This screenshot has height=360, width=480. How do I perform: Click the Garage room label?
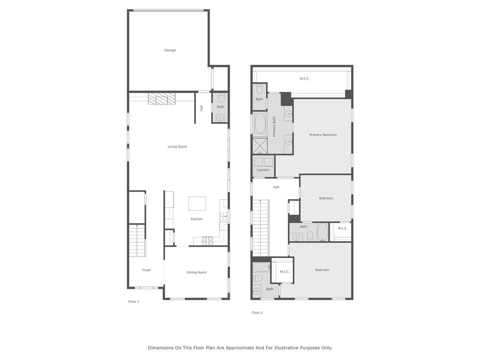[x=170, y=50]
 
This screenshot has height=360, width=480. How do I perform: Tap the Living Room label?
[x=177, y=147]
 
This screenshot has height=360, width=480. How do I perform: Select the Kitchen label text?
[x=196, y=219]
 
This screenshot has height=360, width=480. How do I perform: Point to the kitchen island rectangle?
[x=197, y=203]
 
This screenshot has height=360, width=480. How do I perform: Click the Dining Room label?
[x=196, y=272]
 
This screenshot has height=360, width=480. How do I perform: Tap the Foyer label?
[x=146, y=270]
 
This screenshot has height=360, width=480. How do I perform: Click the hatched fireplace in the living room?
[x=162, y=98]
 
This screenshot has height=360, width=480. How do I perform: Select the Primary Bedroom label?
[x=323, y=135]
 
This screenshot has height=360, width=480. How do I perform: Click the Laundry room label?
[x=263, y=170]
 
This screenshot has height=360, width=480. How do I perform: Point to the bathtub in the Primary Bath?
[x=260, y=124]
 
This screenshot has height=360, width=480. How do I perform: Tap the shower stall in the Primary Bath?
[x=260, y=146]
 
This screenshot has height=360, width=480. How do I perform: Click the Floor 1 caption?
[x=134, y=301]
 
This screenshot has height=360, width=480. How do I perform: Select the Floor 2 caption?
[x=257, y=313]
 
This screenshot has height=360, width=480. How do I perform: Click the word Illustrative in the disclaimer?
[x=286, y=348]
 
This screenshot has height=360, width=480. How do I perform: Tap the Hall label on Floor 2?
[x=276, y=187]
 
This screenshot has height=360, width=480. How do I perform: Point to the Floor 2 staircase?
[x=261, y=228]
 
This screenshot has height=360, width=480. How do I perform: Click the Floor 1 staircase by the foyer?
[x=136, y=240]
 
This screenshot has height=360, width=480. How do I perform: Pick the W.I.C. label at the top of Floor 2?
[x=304, y=78]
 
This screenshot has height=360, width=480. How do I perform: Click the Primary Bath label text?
[x=274, y=127]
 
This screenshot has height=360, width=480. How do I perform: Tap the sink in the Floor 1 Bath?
[x=220, y=118]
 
